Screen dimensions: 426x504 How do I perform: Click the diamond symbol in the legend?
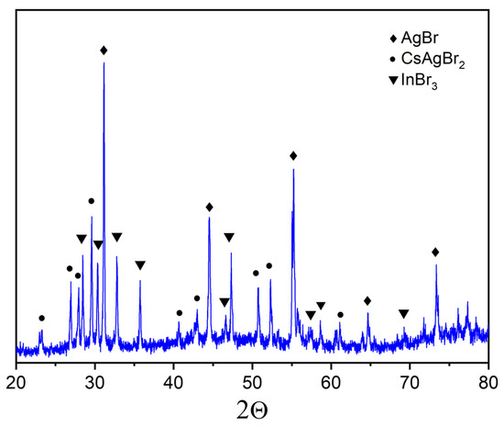tap(395, 39)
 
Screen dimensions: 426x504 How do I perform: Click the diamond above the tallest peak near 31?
tap(104, 50)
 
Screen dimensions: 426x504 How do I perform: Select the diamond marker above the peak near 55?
tap(293, 155)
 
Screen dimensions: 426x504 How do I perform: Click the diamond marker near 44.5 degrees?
tap(209, 207)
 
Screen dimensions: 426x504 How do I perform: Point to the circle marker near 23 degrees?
tap(41, 319)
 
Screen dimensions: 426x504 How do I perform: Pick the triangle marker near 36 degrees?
tap(140, 265)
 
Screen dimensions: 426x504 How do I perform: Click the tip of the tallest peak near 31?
tap(104, 62)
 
